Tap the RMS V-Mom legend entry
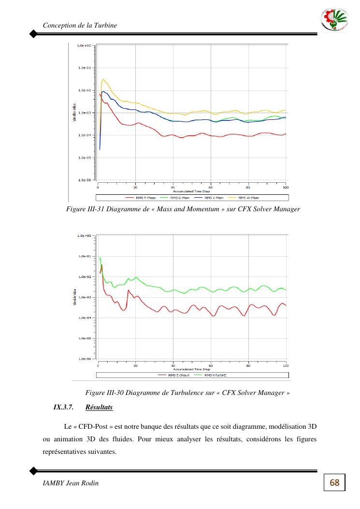tap(210, 197)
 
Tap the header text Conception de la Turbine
tap(80, 25)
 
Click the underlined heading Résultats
tap(99, 407)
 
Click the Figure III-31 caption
tap(183, 209)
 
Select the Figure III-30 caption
tap(187, 393)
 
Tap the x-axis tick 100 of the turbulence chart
tap(286, 364)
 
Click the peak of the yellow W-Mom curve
tap(103, 79)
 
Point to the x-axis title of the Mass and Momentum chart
tap(192, 191)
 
